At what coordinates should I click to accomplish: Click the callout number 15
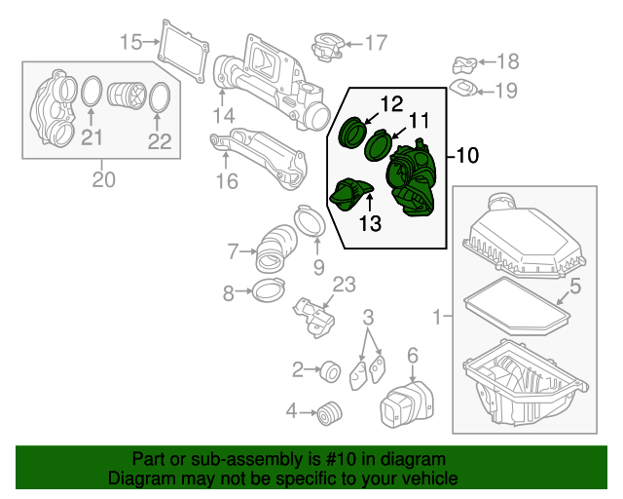coord(130,41)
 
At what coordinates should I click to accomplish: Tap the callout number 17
coord(375,42)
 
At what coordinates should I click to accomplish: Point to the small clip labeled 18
coord(463,65)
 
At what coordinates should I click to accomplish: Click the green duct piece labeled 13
coord(351,194)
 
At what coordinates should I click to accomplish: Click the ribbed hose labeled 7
coord(276,248)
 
